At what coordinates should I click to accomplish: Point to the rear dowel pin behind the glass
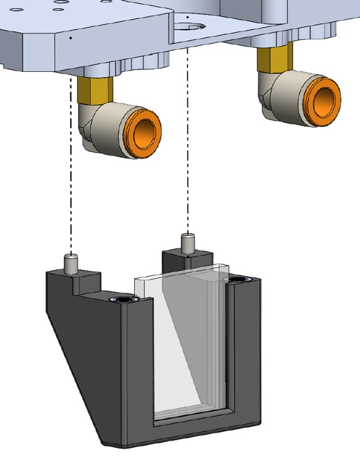(x=188, y=243)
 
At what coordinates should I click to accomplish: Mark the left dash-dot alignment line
(x=71, y=172)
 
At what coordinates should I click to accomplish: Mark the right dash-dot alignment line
(x=186, y=141)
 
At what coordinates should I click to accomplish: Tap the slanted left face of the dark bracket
(x=80, y=369)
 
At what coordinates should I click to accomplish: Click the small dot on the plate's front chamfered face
(x=71, y=38)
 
